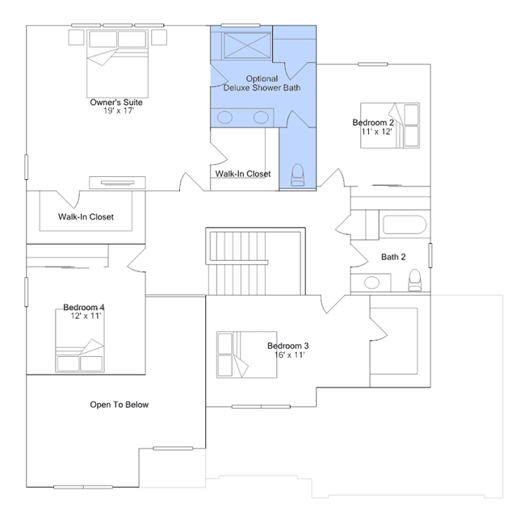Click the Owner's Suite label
coord(116,103)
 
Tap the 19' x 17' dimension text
coord(119,111)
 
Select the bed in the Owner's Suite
coord(117,64)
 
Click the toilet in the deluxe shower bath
coord(297,175)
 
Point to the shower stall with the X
coord(247,46)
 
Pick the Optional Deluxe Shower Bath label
coord(262,83)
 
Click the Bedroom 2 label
coord(373,123)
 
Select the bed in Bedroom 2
coord(390,125)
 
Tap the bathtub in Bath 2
coord(405,224)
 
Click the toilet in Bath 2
coord(414,280)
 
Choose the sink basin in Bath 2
coord(371,283)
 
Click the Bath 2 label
coord(393,257)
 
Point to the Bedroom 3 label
coord(288,346)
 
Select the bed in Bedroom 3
coord(247,354)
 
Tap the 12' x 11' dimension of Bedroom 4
coord(86,316)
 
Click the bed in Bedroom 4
coord(80,341)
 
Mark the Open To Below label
coord(120,405)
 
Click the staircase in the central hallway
coord(255,262)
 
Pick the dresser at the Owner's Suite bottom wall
coord(117,182)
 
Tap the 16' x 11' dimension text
coord(290,354)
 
